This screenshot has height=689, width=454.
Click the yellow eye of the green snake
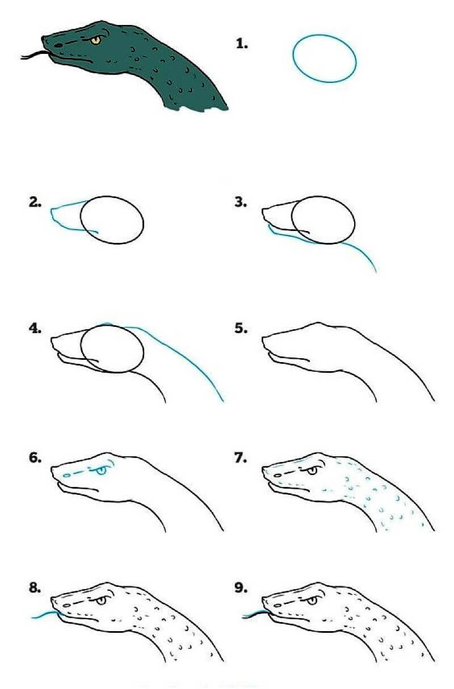[x=96, y=40]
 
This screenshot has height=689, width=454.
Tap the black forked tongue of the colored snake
[x=34, y=54]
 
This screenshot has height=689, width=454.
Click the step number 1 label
[x=242, y=44]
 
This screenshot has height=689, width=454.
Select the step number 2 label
[x=35, y=202]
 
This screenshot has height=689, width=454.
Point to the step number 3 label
[x=241, y=202]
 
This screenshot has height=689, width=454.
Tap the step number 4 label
[x=35, y=329]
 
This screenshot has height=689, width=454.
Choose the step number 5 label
[x=241, y=329]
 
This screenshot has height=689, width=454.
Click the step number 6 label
[x=35, y=458]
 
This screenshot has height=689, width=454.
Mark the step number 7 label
[x=241, y=458]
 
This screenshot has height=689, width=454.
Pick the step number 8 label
[x=35, y=588]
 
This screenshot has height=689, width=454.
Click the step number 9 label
[x=241, y=588]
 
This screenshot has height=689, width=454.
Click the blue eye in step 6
[x=101, y=470]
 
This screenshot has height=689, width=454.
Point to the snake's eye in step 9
[x=312, y=600]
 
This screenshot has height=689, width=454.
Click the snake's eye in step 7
[x=312, y=470]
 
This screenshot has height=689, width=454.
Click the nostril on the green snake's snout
[x=58, y=45]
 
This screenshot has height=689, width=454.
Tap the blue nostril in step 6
[x=66, y=476]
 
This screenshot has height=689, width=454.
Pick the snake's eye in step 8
[x=101, y=600]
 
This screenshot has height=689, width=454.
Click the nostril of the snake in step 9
[x=278, y=605]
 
